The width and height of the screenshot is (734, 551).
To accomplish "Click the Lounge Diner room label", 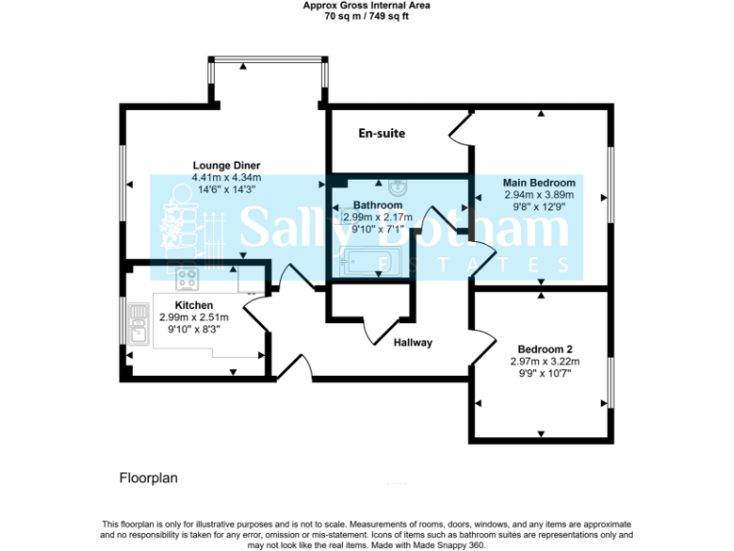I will point(227,165).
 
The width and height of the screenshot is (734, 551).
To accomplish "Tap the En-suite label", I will point(381,134).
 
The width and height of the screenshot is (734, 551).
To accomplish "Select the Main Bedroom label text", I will point(540,183).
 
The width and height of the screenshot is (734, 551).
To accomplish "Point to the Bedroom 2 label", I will point(545,349).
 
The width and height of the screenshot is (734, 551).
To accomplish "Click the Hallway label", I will point(414,342).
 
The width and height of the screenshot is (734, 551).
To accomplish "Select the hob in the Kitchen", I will point(187,278).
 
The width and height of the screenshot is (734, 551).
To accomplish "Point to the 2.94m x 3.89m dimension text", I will point(540,194).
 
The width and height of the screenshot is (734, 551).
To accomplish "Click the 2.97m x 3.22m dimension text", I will point(545,362).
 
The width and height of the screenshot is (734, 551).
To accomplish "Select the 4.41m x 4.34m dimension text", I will point(227,177).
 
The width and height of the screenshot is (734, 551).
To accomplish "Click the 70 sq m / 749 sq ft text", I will point(366,16).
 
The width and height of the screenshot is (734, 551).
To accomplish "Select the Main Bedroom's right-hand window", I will point(610,196).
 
